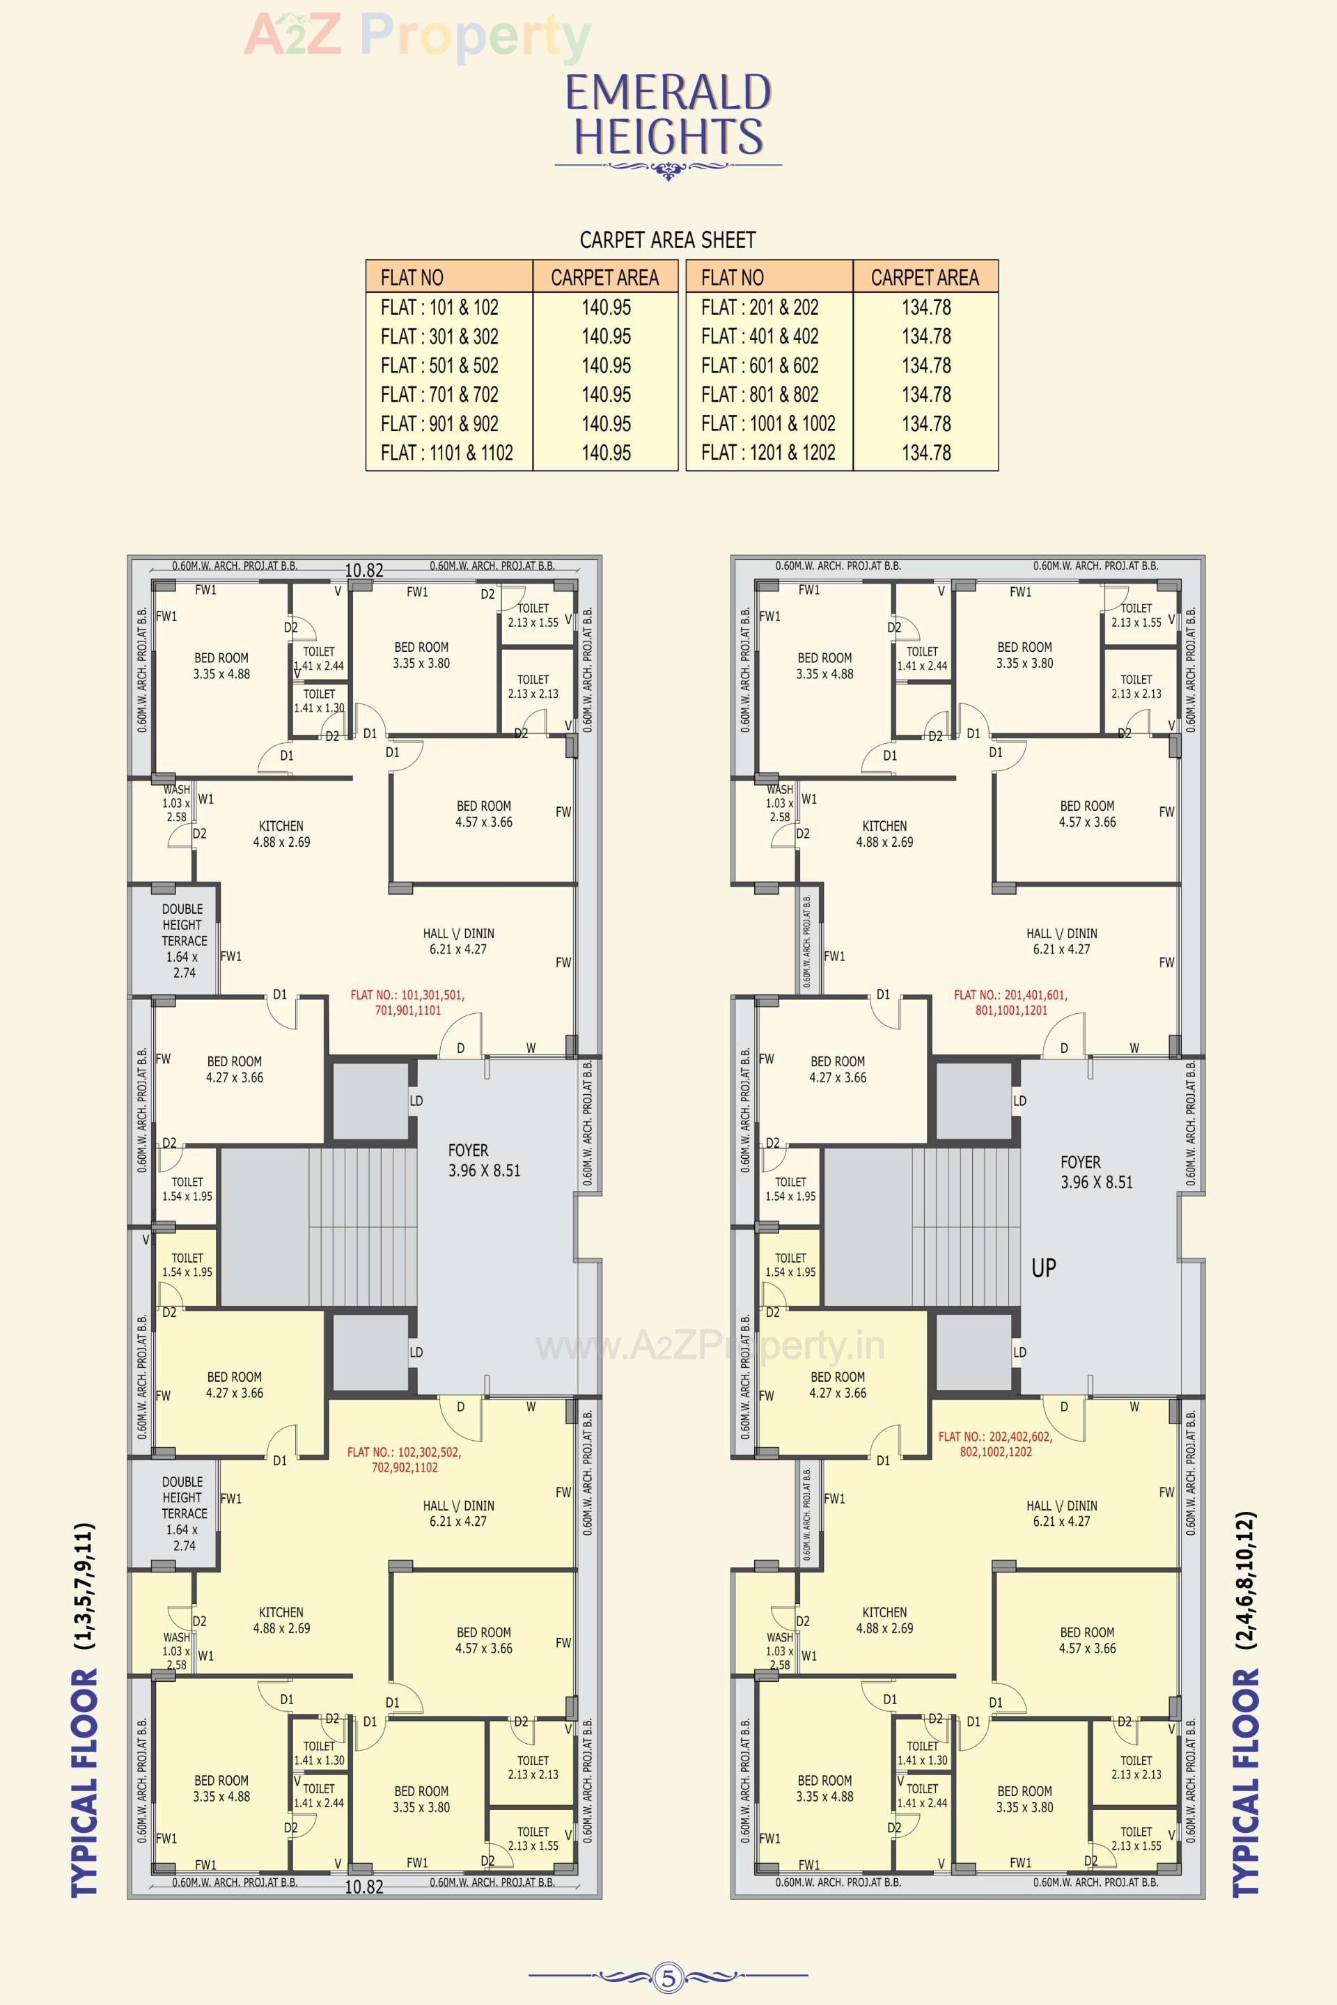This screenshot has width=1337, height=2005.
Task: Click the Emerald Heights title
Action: [668, 115]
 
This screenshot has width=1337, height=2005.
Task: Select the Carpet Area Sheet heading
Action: [668, 240]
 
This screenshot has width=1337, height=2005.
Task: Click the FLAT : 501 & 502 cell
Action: [439, 366]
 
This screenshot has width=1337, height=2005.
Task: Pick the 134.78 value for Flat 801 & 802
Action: [926, 395]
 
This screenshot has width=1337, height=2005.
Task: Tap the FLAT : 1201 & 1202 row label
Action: [767, 453]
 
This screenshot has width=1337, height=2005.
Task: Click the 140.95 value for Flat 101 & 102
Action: [607, 307]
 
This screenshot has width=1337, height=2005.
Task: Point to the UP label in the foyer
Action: [1043, 1268]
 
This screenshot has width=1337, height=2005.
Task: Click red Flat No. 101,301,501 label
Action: [407, 1002]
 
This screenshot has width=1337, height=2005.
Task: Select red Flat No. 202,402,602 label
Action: [995, 1444]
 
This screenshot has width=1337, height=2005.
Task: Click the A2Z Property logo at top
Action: [418, 36]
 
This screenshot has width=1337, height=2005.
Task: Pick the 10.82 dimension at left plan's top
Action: [364, 570]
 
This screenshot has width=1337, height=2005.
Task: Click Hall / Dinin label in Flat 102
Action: [458, 1513]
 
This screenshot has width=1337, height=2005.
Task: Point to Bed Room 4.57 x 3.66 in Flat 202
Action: [1087, 1640]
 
